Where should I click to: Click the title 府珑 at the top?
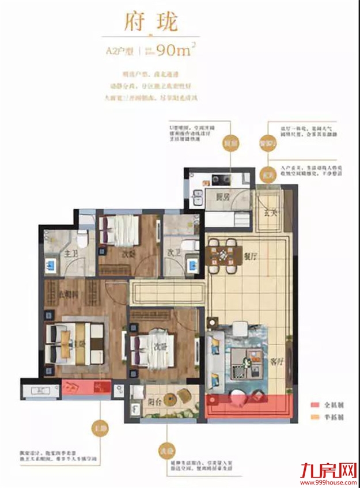tap(151, 23)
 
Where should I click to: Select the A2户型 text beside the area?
tap(120, 51)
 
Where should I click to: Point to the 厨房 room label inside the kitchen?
tap(216, 197)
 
